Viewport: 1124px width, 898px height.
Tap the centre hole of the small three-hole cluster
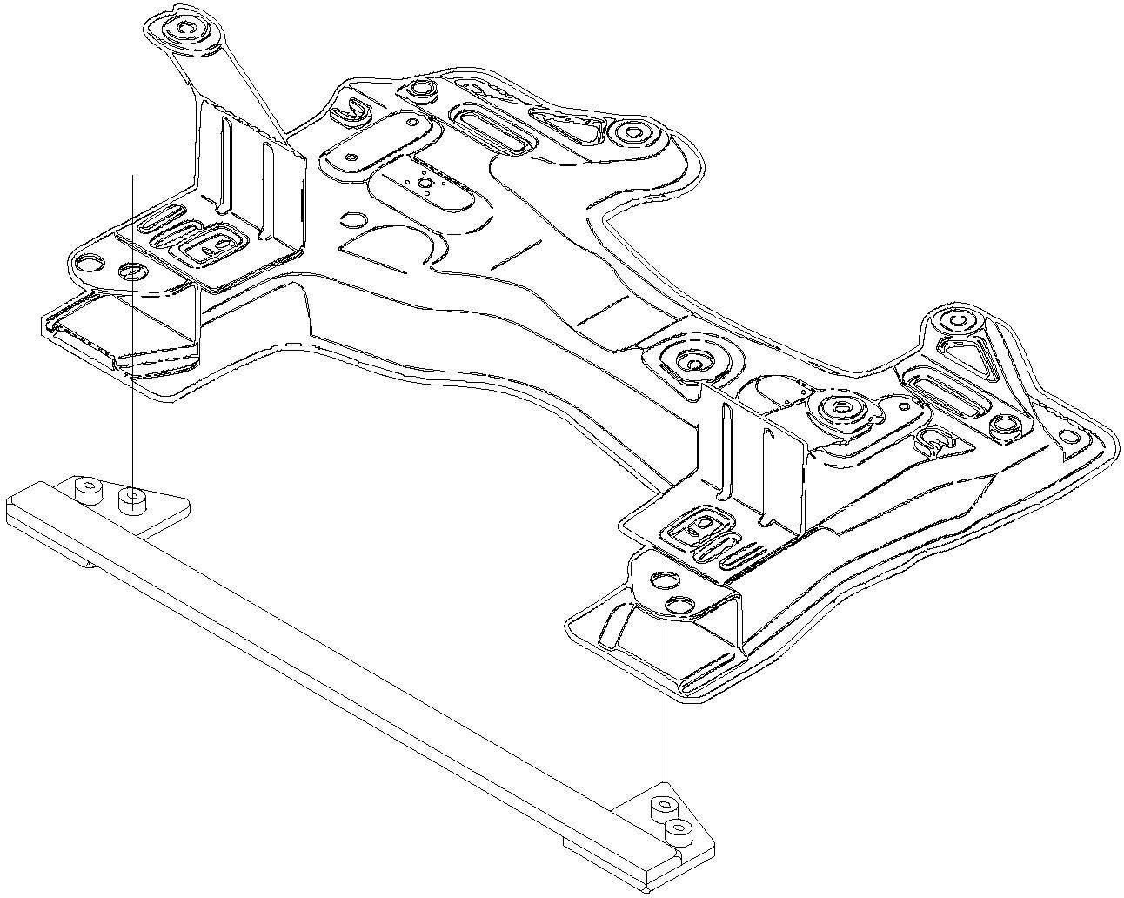coord(425,183)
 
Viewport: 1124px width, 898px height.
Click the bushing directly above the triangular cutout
coord(959,322)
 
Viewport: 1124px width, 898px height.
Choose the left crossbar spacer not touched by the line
coord(87,490)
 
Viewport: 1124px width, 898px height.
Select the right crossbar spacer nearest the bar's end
coord(679,830)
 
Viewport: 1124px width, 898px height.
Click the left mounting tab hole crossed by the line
coord(132,271)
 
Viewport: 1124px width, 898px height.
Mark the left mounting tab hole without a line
coord(89,261)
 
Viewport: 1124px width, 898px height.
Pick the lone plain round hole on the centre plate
coord(353,219)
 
